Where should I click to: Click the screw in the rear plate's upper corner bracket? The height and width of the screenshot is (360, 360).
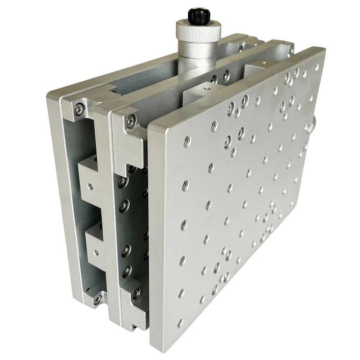point(79,109)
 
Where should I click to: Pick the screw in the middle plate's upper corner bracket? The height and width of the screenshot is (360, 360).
point(131,121)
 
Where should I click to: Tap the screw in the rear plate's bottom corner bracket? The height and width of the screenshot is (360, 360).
point(97,299)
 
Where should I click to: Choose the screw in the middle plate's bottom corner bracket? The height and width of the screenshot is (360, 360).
point(136,293)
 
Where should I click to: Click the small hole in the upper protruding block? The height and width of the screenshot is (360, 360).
point(90,186)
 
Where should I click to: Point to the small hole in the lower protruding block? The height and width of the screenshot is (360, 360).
point(96,253)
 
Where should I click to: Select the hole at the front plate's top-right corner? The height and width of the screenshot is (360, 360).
point(316,67)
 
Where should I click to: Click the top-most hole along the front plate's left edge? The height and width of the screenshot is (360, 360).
point(186,142)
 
